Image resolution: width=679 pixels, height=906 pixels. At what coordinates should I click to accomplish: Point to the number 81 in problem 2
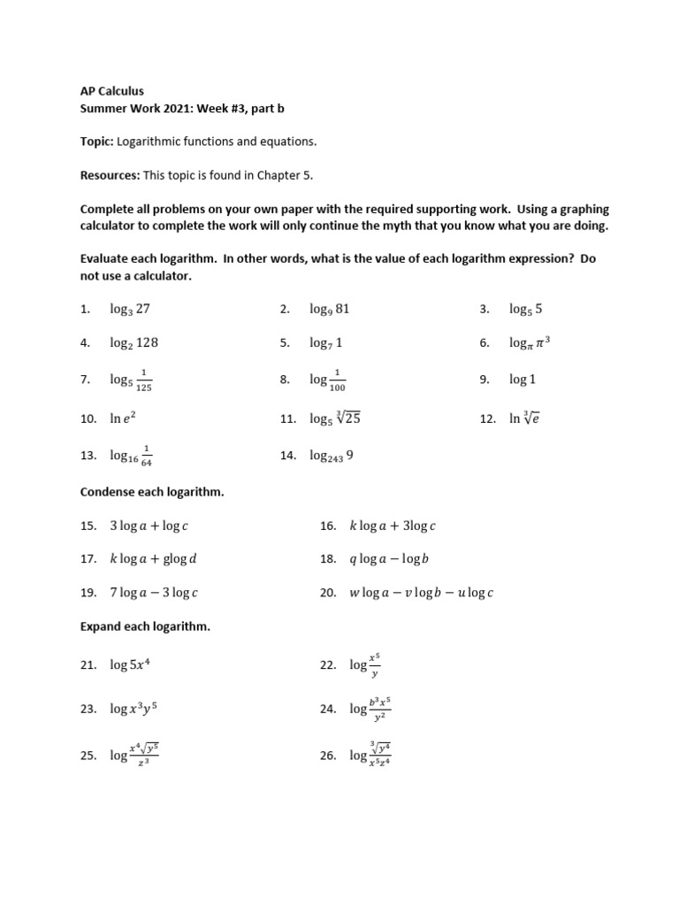point(342,309)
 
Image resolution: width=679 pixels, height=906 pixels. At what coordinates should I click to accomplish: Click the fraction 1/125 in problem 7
point(144,380)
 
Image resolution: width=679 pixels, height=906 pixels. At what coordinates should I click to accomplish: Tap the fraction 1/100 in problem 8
point(337,380)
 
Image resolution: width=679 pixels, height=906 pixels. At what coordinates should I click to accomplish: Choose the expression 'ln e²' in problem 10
point(123,418)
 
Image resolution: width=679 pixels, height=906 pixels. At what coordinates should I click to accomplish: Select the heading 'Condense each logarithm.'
point(152,492)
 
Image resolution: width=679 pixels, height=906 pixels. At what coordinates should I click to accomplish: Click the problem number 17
point(88,559)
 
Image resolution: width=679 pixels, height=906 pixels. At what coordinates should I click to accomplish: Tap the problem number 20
point(327,593)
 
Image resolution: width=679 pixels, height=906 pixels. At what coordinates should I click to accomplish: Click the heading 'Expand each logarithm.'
point(145,626)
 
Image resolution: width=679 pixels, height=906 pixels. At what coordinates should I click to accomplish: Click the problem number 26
point(327,756)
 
